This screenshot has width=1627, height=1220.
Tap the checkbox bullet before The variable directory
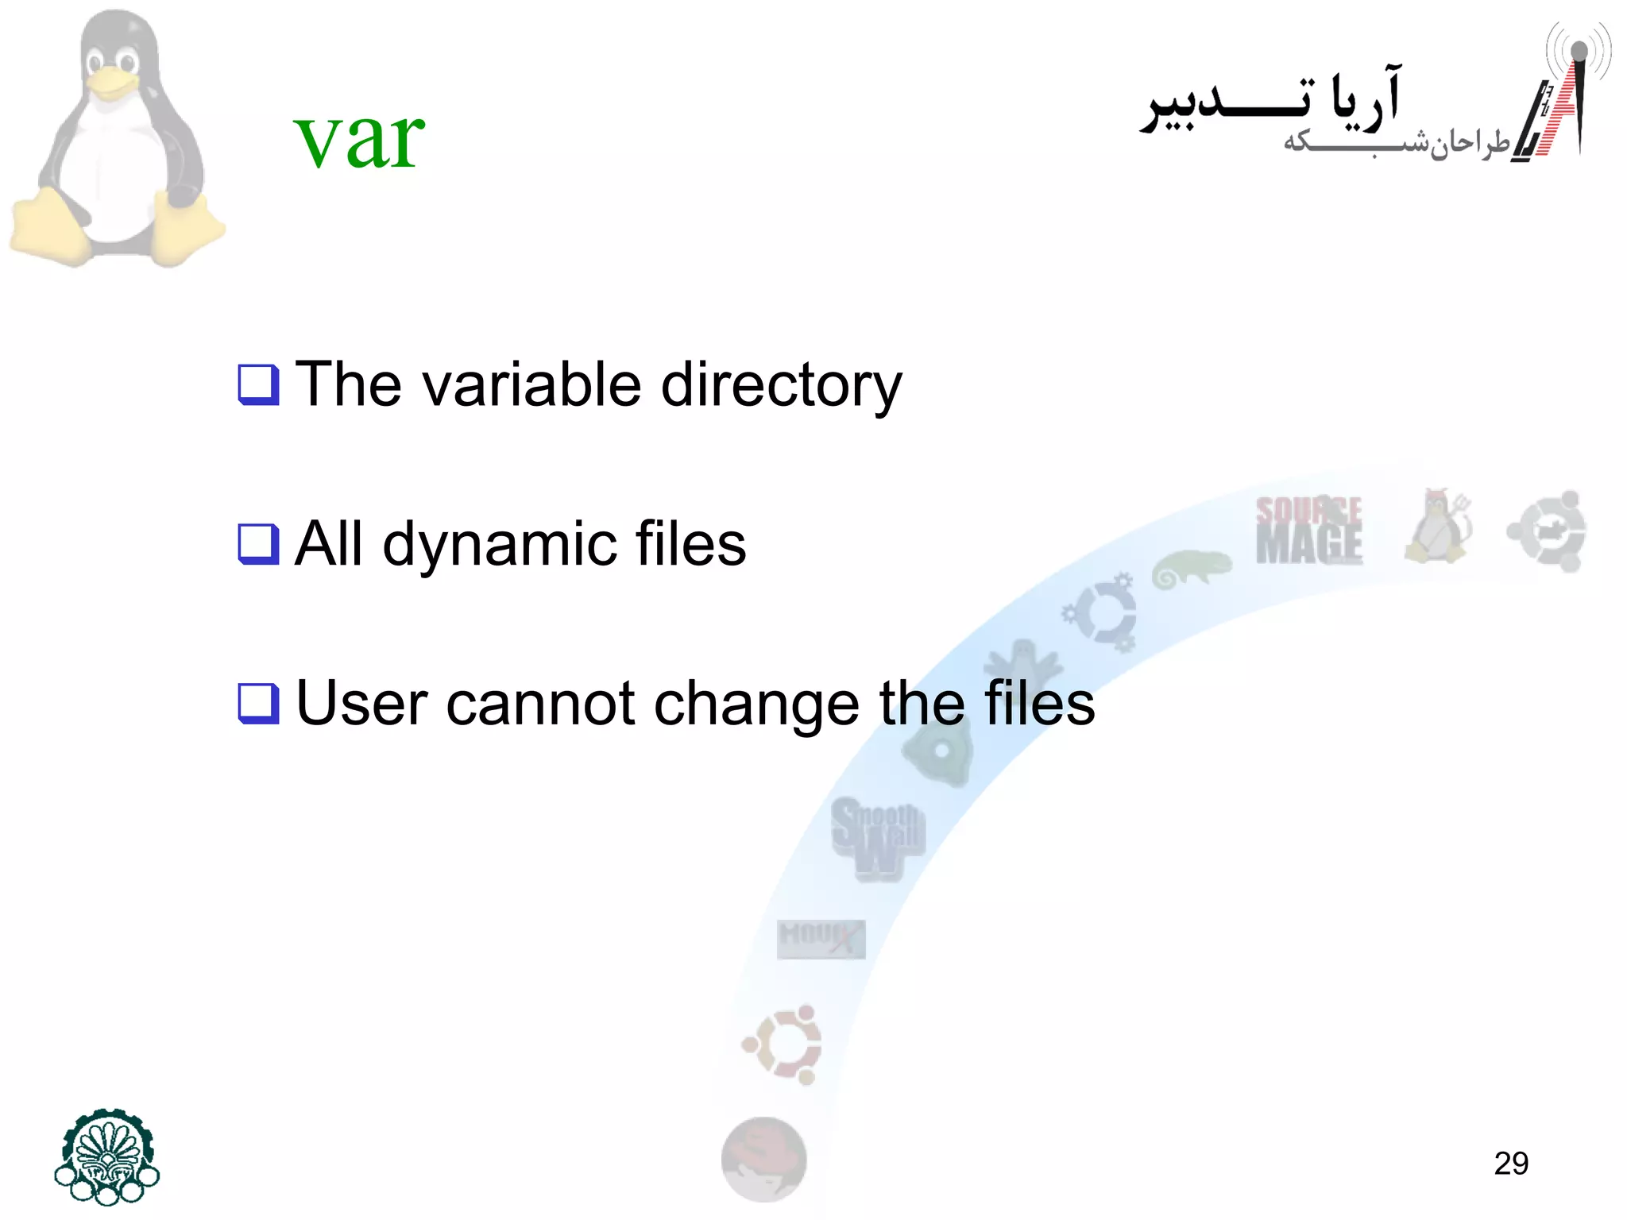pos(259,384)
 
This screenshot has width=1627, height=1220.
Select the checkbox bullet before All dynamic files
pos(259,544)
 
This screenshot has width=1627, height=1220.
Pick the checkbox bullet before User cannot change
pos(259,704)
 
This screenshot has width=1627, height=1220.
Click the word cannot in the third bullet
pos(540,704)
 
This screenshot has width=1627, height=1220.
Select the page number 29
pos(1511,1164)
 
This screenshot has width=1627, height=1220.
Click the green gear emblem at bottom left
pos(107,1156)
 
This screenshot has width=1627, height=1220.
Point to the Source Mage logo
pos(1308,530)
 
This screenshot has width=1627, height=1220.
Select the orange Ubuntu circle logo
pos(783,1044)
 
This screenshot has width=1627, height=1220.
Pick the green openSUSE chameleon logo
pos(1190,569)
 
